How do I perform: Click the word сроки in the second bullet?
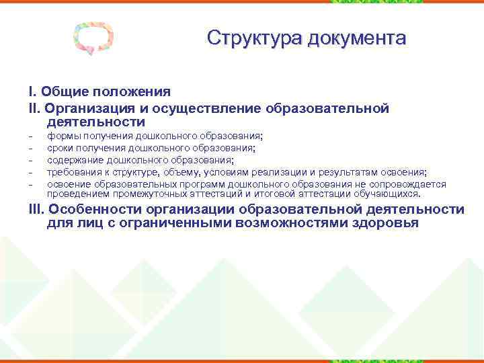61,149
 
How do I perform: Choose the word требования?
74,171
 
